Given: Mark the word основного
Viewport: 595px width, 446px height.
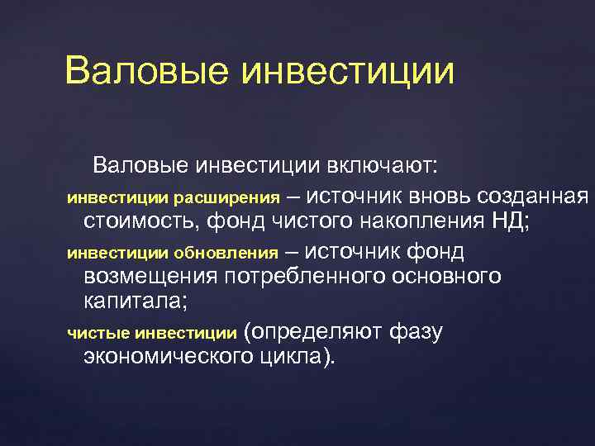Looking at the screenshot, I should [444, 275].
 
